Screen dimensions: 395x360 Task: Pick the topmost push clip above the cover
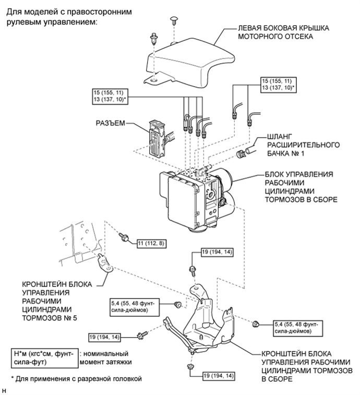click(173, 20)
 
